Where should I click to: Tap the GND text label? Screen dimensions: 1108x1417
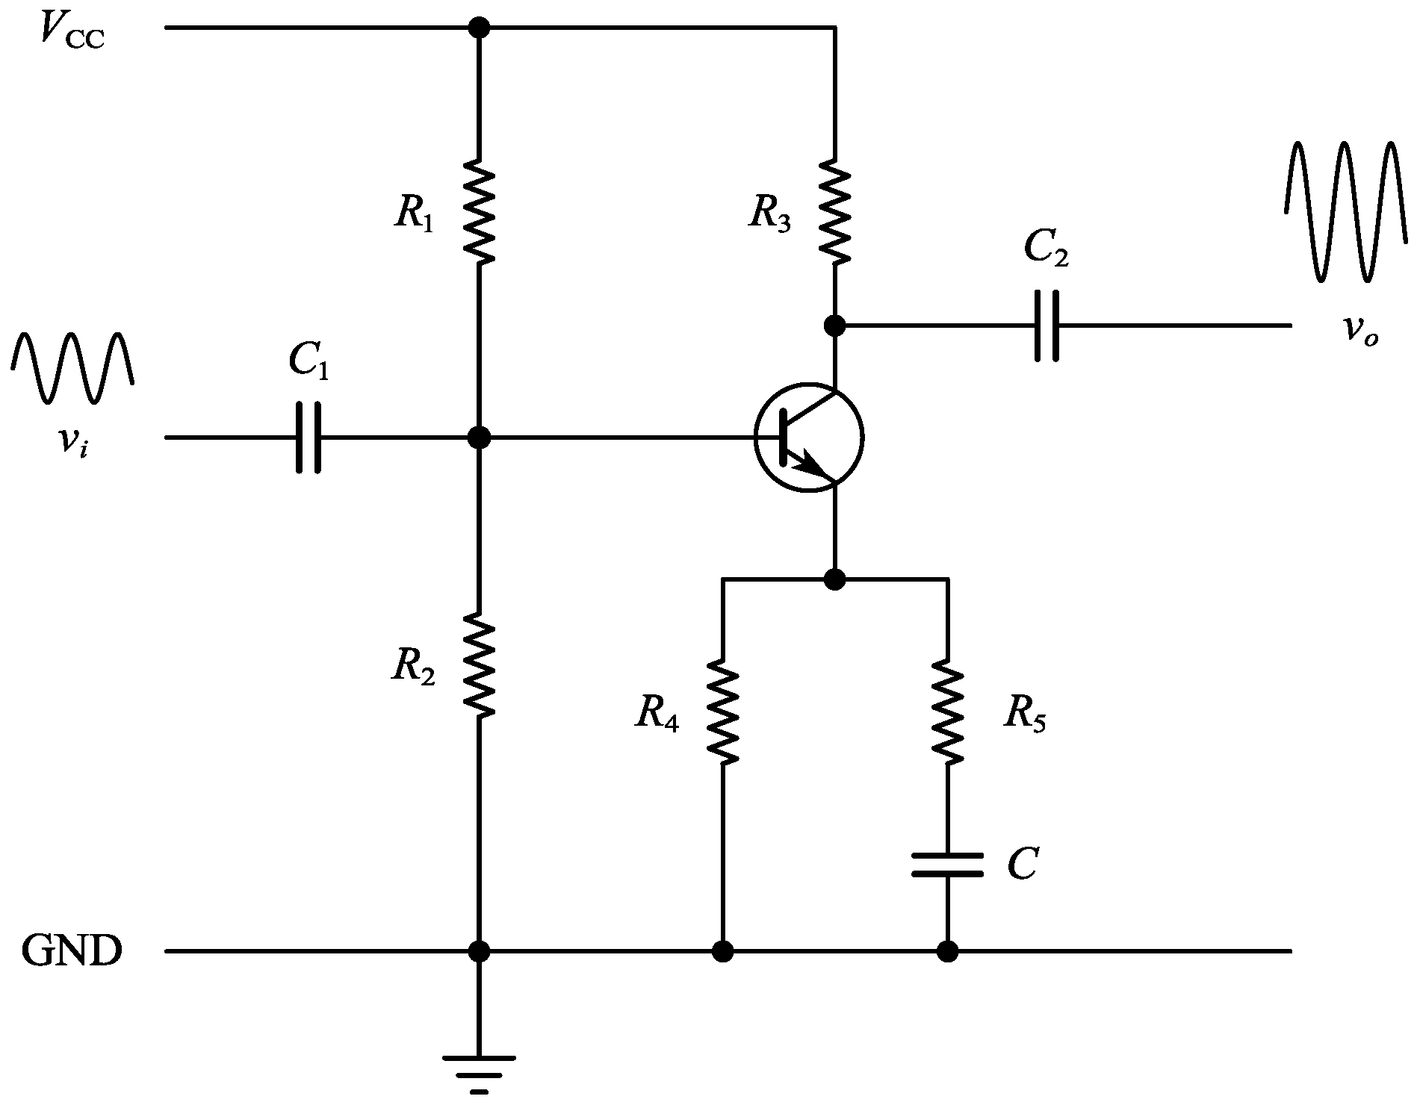point(71,952)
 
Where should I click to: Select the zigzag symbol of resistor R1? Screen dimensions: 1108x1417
point(479,211)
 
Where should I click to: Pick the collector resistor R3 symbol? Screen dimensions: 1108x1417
point(834,211)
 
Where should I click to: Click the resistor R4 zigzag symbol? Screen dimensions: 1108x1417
point(722,712)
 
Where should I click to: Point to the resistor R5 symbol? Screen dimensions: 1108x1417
point(947,712)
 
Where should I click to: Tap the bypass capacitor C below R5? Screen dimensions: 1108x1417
point(947,865)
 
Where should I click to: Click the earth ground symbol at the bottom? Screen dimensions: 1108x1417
point(479,1074)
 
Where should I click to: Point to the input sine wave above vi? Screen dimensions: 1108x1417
point(72,367)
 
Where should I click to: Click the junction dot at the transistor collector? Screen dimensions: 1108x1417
point(834,326)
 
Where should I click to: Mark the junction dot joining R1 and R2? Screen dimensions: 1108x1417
point(479,438)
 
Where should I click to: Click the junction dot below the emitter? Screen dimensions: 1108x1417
point(834,579)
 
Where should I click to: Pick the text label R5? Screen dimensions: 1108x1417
point(1025,715)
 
